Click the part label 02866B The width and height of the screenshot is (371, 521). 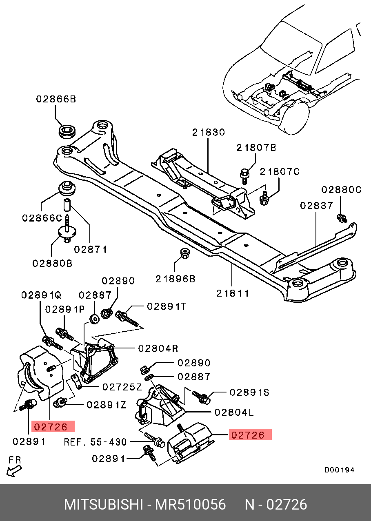tap(56, 99)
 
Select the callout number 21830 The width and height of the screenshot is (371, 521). tap(209, 133)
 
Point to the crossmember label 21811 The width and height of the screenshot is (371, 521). tap(233, 293)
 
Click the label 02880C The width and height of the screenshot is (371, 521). tap(341, 190)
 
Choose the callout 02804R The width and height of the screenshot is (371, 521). tap(158, 348)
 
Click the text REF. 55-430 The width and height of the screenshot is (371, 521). tap(96, 442)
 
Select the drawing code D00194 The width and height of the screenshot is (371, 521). tap(340, 470)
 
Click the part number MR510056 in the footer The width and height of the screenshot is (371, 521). tap(190, 505)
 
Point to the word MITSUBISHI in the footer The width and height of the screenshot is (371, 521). tap(103, 505)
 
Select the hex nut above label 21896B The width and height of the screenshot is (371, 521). tap(184, 253)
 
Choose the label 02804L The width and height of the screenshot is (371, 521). tap(234, 412)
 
